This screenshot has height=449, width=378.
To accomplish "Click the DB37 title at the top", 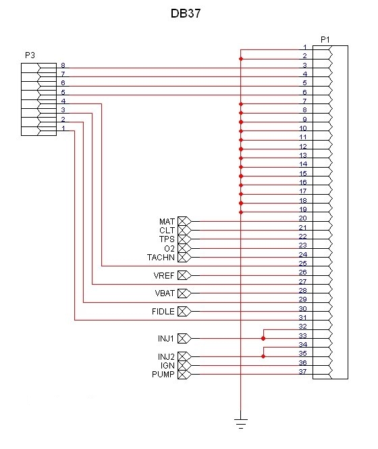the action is coord(186,14).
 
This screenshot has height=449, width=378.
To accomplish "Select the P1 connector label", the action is coord(325,40).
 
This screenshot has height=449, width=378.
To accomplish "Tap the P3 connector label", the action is coord(30,55).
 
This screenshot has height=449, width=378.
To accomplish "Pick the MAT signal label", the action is coord(167,221).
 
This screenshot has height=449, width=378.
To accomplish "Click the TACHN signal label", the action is coord(161,258).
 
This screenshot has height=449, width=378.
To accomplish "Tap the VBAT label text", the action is coord(165,293).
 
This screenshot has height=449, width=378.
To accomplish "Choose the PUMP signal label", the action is coord(163,374).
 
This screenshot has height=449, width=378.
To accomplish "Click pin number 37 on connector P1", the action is coord(303,371).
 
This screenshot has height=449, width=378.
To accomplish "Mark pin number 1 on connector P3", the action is coord(63,128).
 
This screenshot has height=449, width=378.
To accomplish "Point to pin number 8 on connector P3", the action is coord(63,65).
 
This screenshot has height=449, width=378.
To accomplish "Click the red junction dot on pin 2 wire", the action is coord(241,59).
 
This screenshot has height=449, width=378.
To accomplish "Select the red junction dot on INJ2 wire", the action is coord(263,356).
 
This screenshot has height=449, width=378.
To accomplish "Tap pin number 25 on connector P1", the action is coord(303,263).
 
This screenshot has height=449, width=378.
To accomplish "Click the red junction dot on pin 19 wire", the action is coord(241,212).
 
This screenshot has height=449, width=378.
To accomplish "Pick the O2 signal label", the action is coord(169,249).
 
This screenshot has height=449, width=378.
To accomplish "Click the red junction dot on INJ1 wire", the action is coord(263,339).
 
